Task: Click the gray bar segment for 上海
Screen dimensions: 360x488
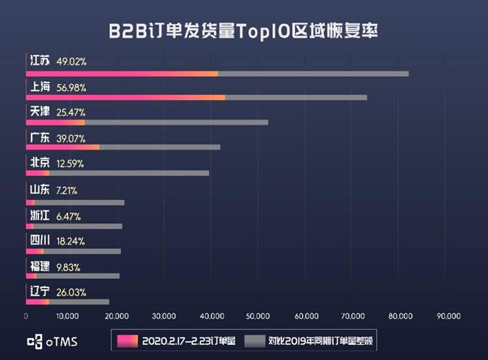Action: pyautogui.click(x=296, y=98)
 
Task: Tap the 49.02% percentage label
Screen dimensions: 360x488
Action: pyautogui.click(x=71, y=62)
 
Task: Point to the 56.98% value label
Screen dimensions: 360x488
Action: pyautogui.click(x=71, y=87)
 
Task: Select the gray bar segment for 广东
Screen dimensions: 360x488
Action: pyautogui.click(x=159, y=147)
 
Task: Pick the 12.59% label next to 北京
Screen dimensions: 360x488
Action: pyautogui.click(x=71, y=163)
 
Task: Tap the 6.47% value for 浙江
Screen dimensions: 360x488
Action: pyautogui.click(x=69, y=216)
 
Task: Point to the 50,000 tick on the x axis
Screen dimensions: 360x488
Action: pyautogui.click(x=258, y=317)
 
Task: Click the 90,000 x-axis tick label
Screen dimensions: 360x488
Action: pyautogui.click(x=447, y=317)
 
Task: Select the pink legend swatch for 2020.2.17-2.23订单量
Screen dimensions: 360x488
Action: pyautogui.click(x=126, y=340)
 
